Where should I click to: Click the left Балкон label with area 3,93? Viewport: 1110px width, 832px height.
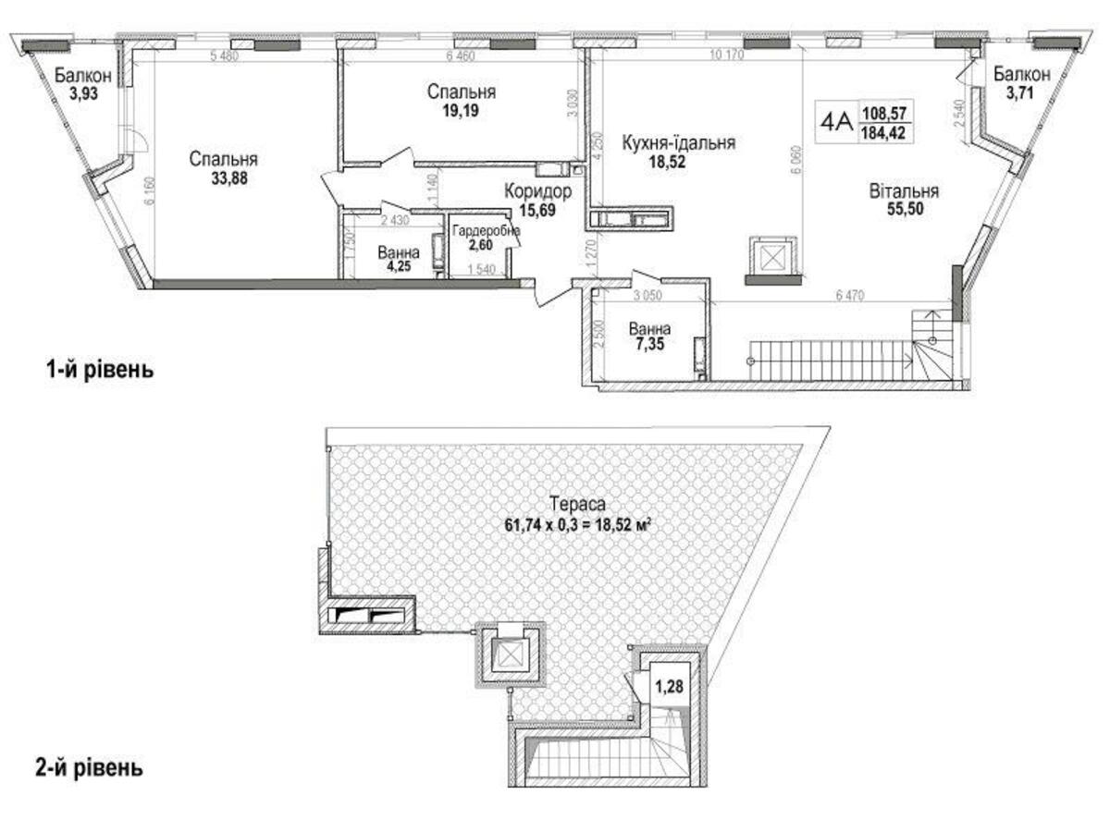click(82, 75)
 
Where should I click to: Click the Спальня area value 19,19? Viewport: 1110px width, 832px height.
click(462, 111)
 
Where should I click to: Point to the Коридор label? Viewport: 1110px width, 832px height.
click(537, 191)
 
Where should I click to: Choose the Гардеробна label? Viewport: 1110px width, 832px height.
click(487, 231)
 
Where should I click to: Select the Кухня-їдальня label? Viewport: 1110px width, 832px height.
click(679, 142)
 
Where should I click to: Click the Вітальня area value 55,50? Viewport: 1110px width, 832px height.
click(904, 210)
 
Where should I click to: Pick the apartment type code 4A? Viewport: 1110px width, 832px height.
click(836, 120)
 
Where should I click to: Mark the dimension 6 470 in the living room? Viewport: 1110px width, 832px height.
click(852, 296)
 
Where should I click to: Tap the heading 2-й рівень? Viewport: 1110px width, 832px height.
click(90, 767)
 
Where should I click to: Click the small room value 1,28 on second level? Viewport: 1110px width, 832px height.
click(668, 687)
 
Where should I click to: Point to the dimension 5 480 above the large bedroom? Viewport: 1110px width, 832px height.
click(227, 56)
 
